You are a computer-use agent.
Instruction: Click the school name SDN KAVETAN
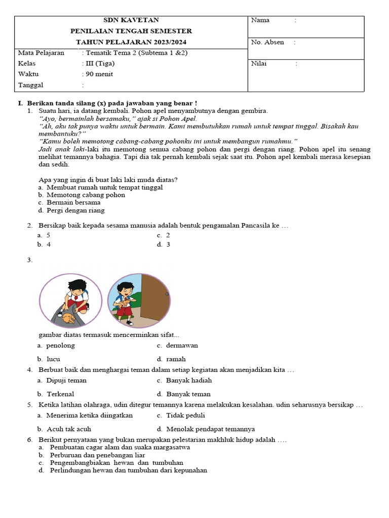[131, 20]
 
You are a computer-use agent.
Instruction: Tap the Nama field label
[260, 20]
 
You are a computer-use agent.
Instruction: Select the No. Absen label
[267, 42]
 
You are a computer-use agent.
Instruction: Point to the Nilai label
[259, 64]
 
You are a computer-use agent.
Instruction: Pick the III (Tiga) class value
[100, 64]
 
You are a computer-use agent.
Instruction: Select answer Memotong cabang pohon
[86, 195]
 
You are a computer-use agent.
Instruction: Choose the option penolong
[60, 346]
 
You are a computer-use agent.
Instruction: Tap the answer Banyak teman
[188, 394]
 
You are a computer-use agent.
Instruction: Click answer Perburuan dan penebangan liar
[97, 455]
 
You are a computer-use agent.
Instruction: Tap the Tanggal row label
[30, 85]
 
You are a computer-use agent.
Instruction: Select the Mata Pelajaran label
[41, 53]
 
